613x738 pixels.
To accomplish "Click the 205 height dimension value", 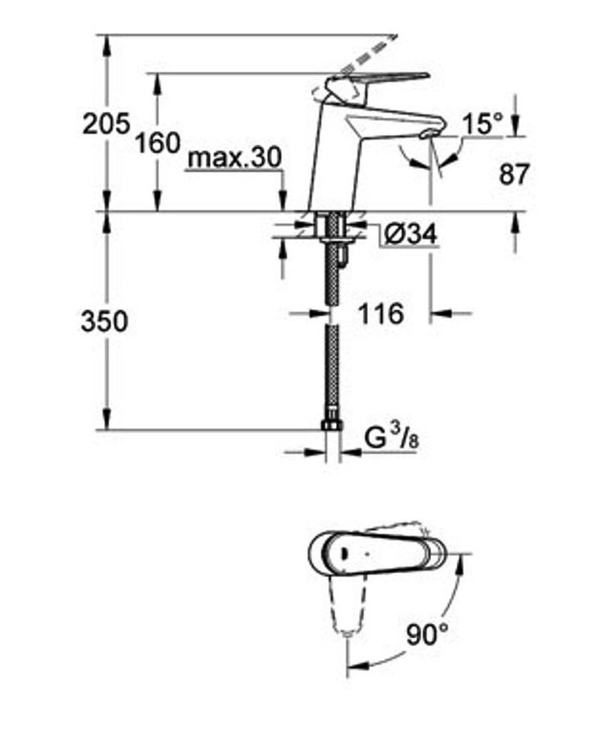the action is click(x=106, y=124).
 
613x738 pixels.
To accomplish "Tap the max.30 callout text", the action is click(x=234, y=157).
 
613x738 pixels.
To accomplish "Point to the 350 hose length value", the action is click(x=104, y=322).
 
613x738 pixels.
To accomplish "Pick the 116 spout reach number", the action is click(x=381, y=313).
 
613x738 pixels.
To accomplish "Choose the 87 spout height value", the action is click(x=514, y=174).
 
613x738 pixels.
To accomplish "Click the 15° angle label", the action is click(x=483, y=125).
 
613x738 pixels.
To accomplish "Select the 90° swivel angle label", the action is click(x=428, y=635).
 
